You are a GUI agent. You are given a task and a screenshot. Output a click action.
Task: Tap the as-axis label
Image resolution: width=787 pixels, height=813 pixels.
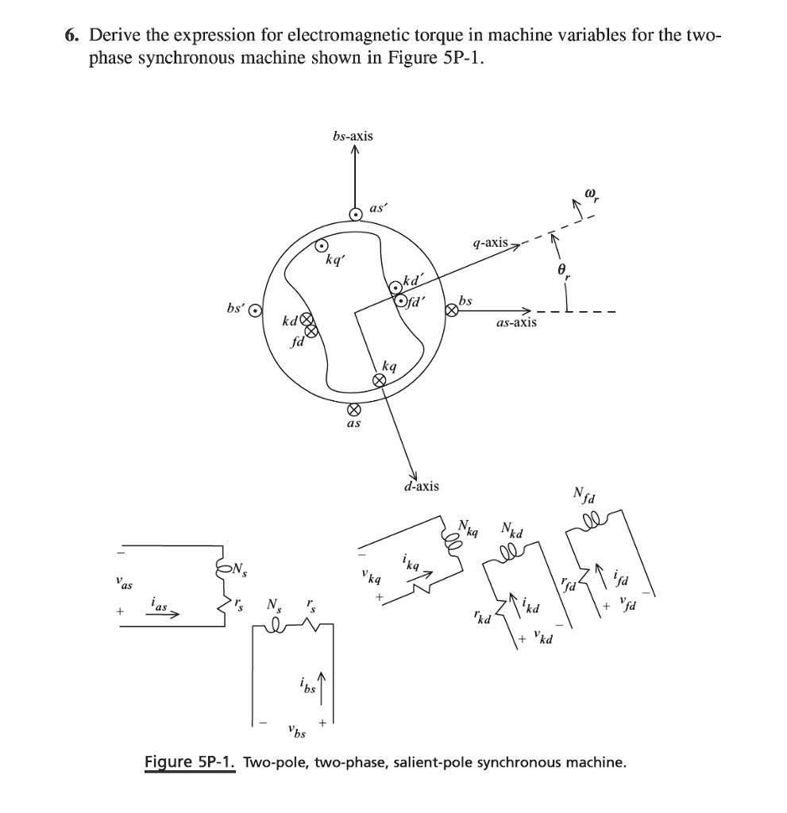(x=515, y=322)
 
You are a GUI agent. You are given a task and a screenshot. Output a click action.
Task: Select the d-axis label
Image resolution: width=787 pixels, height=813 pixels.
(x=421, y=485)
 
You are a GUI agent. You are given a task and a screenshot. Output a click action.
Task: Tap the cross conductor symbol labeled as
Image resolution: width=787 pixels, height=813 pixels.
(x=355, y=410)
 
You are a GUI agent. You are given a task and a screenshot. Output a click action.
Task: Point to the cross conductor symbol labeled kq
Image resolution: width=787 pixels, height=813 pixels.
(x=380, y=381)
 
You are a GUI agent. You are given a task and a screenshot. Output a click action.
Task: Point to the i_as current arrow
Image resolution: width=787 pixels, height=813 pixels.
(x=163, y=613)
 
